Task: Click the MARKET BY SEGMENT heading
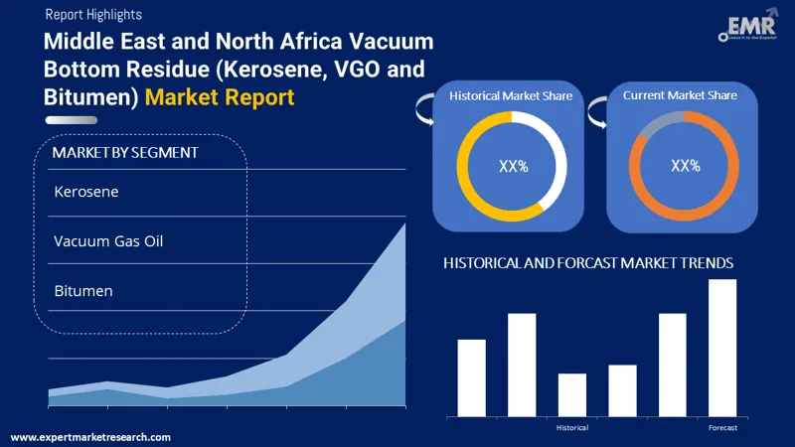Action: click(125, 153)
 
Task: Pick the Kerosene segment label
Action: click(86, 192)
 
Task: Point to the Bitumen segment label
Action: click(83, 291)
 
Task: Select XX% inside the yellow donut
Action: click(513, 166)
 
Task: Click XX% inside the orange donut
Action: click(686, 166)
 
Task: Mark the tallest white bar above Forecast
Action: click(722, 348)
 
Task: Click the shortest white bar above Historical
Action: click(572, 394)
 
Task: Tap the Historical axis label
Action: click(571, 427)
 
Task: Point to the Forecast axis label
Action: click(722, 427)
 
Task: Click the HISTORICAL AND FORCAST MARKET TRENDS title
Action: click(588, 263)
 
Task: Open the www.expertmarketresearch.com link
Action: click(90, 437)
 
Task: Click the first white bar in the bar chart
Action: click(471, 377)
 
